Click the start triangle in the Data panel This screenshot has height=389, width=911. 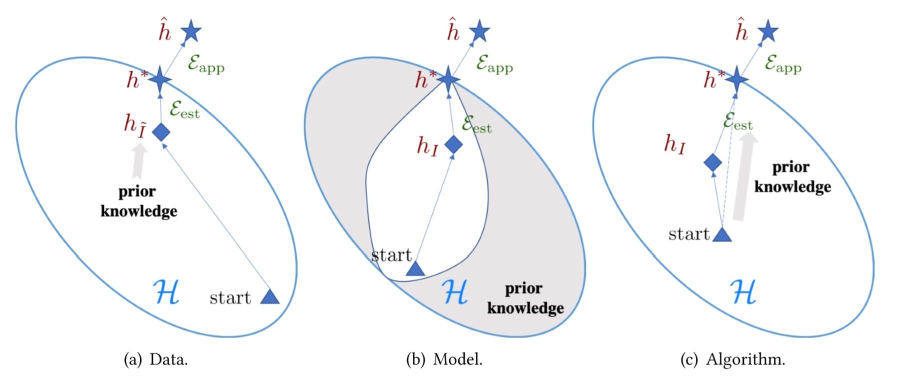coord(270,297)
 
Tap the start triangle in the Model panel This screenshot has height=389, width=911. coord(415,270)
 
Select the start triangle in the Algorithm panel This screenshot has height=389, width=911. coord(721,235)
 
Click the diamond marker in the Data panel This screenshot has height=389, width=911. coord(161,132)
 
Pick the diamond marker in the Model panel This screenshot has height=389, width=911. coord(453,144)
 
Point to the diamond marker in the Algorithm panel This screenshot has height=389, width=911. coord(712,162)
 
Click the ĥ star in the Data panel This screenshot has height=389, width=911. coord(191,32)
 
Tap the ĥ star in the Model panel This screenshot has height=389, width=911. coord(479,31)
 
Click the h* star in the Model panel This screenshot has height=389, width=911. coord(448,78)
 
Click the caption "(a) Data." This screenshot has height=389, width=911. coord(156,359)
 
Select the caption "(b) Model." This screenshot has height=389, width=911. coord(444,359)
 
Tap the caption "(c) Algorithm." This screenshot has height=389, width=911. coord(732,359)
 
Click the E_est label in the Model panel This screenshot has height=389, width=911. coord(476,124)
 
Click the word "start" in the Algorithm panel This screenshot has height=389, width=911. coord(689,234)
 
